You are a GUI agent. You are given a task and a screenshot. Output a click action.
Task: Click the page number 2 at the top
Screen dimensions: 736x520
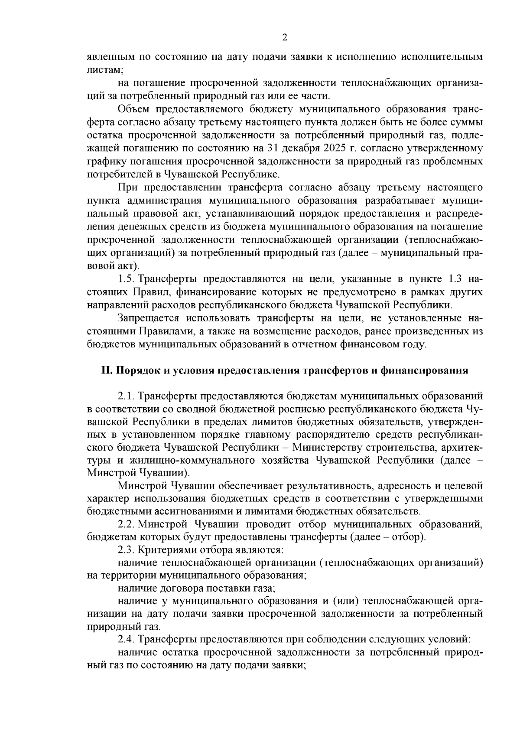(x=284, y=37)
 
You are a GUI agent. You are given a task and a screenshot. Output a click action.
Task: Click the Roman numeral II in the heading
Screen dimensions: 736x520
(x=106, y=370)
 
